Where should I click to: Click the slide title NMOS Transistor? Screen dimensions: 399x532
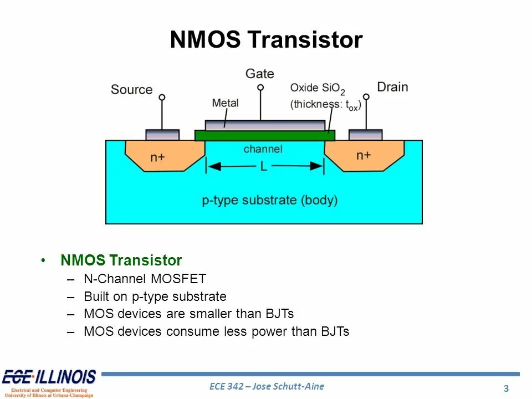pos(266,40)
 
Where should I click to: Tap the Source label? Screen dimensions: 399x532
pos(131,90)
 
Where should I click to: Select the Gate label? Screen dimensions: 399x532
pos(259,74)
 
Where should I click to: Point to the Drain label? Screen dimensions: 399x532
pos(392,87)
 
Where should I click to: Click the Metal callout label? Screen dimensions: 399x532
pos(225,103)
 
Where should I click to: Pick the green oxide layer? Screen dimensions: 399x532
pos(265,136)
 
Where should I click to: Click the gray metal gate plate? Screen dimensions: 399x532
pos(265,125)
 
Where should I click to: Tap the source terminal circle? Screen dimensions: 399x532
pos(162,98)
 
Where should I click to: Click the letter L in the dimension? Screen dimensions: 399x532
pos(263,166)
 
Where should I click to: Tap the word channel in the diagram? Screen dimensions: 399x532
pos(263,149)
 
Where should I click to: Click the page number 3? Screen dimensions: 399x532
pos(507,388)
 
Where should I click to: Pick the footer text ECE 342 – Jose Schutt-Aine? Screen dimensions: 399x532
pos(267,386)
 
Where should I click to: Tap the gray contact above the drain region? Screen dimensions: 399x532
pos(365,135)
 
